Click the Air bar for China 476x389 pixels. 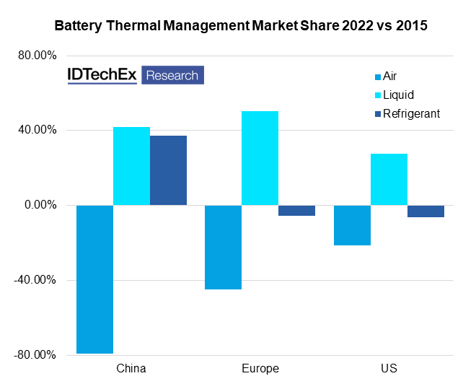(x=94, y=279)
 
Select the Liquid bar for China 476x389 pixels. (x=131, y=166)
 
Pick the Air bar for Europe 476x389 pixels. (x=223, y=247)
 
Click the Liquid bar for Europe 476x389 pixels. (x=260, y=158)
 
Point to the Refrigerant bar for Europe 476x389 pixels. (x=296, y=210)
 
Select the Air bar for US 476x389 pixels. (x=352, y=225)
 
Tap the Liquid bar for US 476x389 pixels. (x=389, y=179)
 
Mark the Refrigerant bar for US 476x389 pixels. (x=426, y=211)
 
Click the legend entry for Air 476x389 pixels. (x=389, y=76)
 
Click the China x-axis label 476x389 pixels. (x=131, y=369)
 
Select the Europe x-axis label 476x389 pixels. (x=260, y=369)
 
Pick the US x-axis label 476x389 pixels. (x=389, y=369)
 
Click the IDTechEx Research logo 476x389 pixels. (x=136, y=75)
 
